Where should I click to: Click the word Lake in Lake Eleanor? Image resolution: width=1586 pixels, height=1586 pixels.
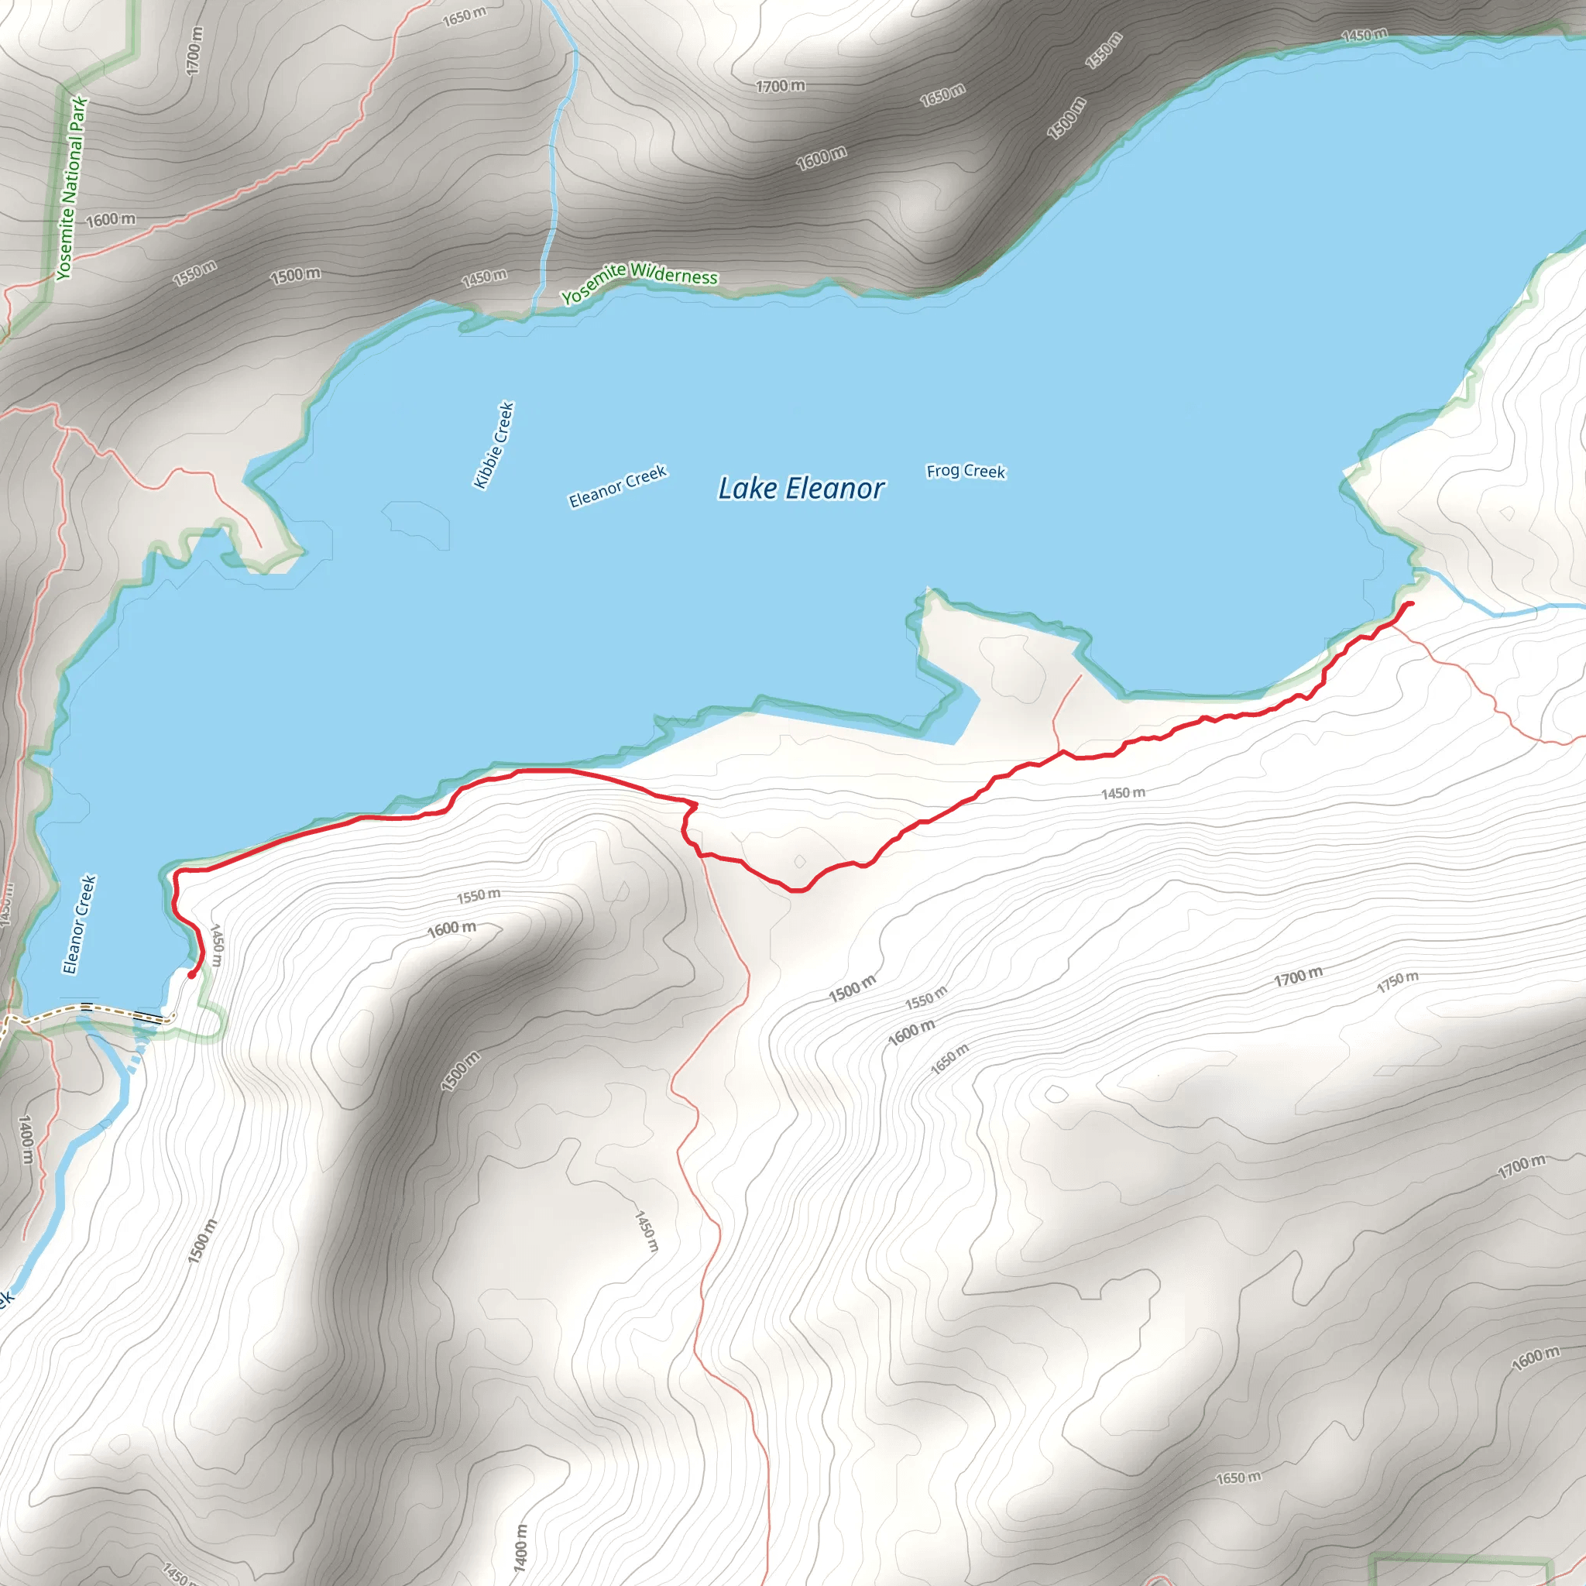[747, 489]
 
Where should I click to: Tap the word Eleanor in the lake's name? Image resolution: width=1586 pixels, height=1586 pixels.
[835, 489]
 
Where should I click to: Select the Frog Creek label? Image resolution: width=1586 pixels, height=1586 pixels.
[966, 471]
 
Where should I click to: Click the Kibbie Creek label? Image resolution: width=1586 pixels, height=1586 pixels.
[494, 445]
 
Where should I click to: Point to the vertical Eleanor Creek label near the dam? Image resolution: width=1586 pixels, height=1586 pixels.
[80, 924]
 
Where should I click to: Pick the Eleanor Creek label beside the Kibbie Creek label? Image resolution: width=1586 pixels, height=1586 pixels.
[617, 487]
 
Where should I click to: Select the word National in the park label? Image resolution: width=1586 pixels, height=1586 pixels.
[72, 170]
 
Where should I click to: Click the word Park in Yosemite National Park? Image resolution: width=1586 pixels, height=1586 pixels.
[79, 113]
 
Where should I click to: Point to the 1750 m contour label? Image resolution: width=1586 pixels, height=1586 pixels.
[1397, 981]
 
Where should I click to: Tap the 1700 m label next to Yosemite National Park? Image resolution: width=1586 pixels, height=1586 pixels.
[194, 51]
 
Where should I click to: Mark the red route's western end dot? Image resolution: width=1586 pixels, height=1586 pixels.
[191, 975]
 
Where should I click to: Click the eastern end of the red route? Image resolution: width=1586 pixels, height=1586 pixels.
[1410, 604]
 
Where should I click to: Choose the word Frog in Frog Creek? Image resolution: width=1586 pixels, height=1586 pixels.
[943, 470]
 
